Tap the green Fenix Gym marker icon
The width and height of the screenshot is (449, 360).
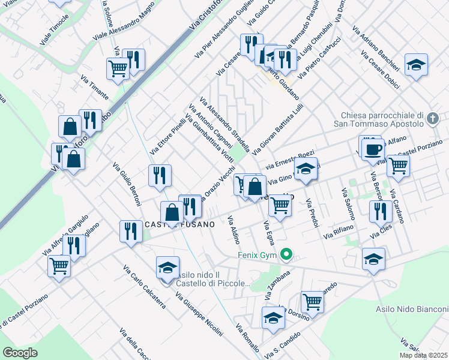pos(287,256)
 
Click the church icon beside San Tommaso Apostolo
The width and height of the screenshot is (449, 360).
pos(435,120)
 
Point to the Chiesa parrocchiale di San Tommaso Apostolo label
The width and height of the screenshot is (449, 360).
pos(382,120)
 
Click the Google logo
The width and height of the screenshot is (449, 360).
pos(20,353)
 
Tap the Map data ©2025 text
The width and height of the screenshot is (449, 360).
pos(423,355)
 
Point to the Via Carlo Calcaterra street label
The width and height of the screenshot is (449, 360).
pos(144,287)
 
